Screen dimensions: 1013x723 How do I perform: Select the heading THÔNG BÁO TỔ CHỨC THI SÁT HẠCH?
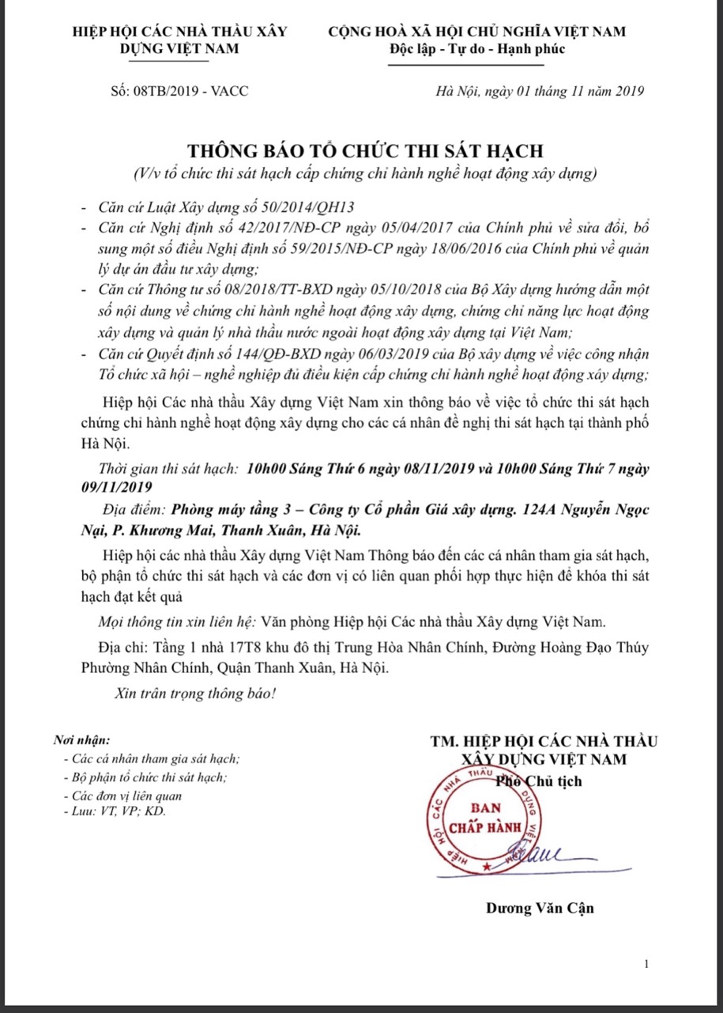365,151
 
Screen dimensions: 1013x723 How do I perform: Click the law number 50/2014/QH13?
305,207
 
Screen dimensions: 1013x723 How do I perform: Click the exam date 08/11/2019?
433,468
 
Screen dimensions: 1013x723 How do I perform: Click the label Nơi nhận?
81,741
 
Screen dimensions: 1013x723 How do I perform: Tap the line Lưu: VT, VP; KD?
114,811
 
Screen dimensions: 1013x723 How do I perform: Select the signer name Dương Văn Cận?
540,908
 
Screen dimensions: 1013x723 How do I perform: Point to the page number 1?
646,963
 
